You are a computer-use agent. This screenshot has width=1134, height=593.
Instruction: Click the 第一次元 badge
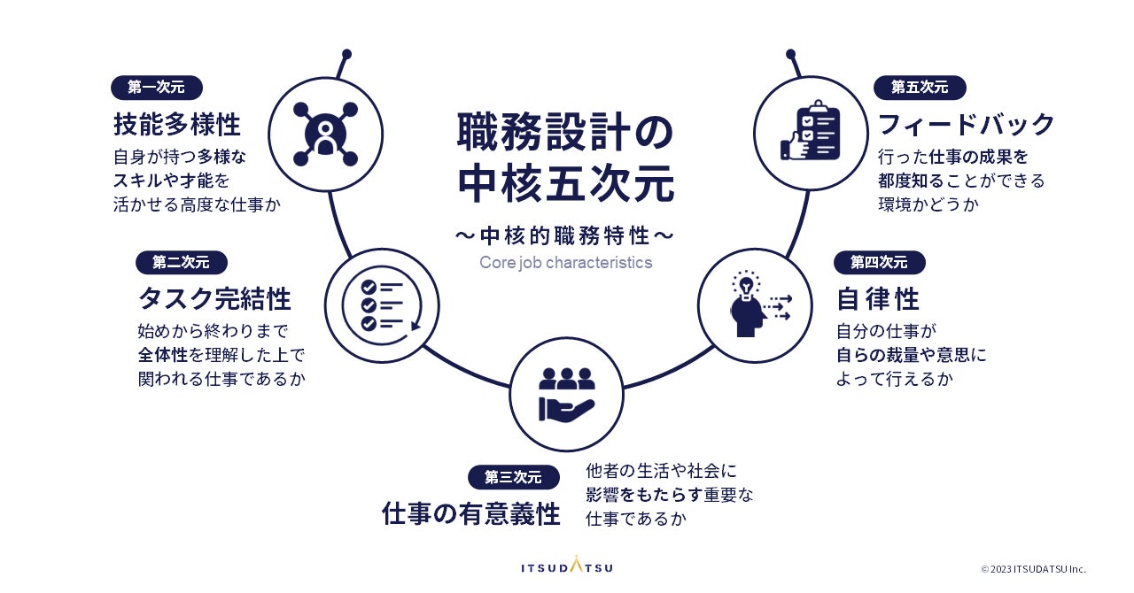[x=157, y=88]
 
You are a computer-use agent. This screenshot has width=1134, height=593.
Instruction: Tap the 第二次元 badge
[x=181, y=262]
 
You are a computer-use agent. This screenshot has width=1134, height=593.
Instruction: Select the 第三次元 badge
[x=513, y=477]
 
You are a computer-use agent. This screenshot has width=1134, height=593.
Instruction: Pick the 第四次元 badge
[x=879, y=262]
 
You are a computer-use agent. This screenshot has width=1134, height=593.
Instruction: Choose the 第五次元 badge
[x=920, y=88]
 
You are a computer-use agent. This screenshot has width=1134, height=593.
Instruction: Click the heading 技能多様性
[x=177, y=124]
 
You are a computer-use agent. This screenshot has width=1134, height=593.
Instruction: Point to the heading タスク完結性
[x=215, y=299]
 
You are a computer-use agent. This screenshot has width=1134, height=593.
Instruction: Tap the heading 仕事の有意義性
[x=471, y=514]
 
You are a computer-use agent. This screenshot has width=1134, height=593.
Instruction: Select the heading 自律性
[x=878, y=299]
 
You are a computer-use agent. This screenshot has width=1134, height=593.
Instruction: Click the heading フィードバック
[x=966, y=124]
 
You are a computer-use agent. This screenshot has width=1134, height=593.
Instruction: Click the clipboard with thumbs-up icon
[x=810, y=133]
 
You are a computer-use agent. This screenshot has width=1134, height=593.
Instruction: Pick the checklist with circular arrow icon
[x=383, y=304]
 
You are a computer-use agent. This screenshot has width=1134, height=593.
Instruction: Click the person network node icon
[x=325, y=133]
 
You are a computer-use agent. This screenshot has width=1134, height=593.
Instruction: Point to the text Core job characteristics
[x=565, y=263]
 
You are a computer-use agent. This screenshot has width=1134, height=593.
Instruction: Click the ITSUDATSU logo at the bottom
[x=566, y=566]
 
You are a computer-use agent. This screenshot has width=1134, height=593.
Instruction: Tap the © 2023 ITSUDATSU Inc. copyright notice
[x=1032, y=569]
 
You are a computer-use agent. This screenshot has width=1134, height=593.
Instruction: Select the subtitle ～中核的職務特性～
[x=565, y=236]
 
